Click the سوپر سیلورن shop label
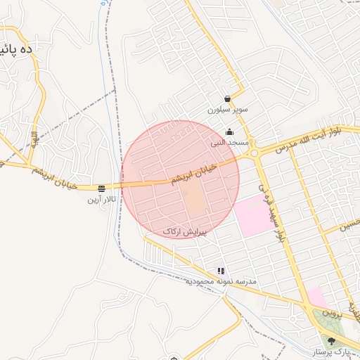tap(226, 110)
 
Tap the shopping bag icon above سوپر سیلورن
tap(226, 99)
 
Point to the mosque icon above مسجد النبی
tap(229, 131)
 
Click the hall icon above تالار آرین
tap(102, 188)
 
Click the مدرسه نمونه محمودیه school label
tap(221, 281)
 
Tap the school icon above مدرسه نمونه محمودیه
tap(221, 271)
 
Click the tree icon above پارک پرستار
tap(332, 341)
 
